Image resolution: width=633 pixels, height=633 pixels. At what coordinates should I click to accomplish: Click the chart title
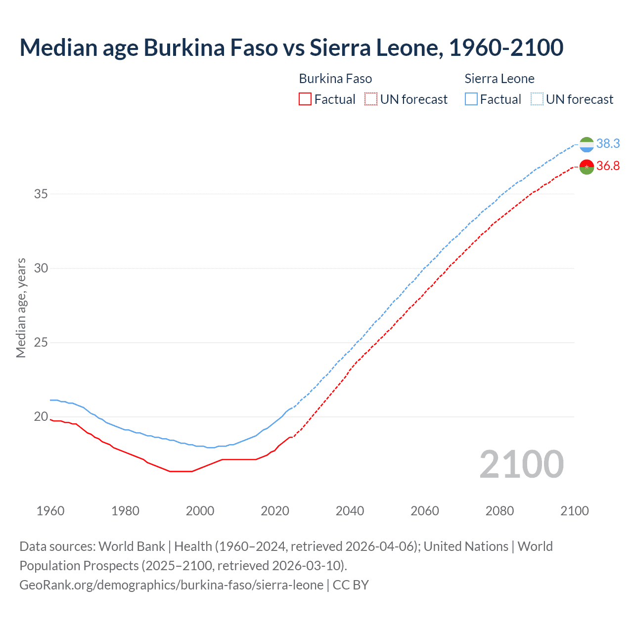(x=291, y=47)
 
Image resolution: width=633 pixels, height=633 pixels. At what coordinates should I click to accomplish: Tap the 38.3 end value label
(x=608, y=143)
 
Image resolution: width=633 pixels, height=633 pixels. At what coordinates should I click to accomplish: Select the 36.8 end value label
(x=608, y=166)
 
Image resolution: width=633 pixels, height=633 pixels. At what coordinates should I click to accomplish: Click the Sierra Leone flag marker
(x=587, y=144)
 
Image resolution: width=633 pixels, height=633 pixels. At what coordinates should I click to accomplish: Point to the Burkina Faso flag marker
(x=587, y=167)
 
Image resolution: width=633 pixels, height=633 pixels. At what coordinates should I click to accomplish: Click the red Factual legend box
(x=305, y=99)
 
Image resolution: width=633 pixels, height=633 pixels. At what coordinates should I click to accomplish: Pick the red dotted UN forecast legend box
(x=371, y=99)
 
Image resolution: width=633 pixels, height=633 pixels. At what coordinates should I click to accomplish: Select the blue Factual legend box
(x=471, y=99)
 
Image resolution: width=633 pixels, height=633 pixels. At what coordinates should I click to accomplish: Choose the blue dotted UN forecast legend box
(x=537, y=99)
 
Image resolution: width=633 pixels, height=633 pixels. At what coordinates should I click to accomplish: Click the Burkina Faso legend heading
(x=335, y=79)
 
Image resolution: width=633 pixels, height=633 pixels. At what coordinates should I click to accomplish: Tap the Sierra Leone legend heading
(x=499, y=79)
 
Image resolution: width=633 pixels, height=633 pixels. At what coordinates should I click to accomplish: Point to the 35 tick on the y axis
(x=41, y=194)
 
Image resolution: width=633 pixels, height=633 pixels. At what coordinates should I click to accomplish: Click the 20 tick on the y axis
(x=41, y=417)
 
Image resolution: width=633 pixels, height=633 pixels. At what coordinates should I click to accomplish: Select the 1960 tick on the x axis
(x=50, y=511)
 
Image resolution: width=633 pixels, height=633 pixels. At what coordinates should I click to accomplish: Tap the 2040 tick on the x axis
(x=350, y=511)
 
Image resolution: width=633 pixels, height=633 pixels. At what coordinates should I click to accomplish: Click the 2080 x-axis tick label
(x=499, y=511)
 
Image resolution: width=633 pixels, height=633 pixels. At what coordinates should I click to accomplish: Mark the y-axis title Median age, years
(x=21, y=308)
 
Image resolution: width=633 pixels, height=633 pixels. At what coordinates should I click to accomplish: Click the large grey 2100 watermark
(x=521, y=464)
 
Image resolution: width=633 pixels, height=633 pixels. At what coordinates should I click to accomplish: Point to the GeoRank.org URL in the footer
(x=171, y=585)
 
